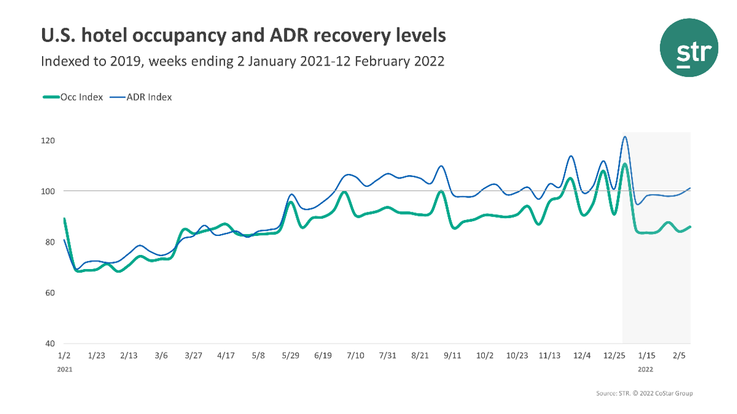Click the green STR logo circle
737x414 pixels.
click(689, 47)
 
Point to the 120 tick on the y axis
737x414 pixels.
click(48, 141)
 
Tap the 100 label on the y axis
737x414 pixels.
click(48, 192)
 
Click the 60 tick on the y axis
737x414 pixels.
click(49, 293)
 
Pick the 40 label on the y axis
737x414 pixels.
click(49, 344)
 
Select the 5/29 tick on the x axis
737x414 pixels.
click(291, 355)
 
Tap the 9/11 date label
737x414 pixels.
click(452, 355)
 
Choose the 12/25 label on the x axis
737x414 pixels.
click(613, 355)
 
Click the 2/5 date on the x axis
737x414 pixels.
click(680, 355)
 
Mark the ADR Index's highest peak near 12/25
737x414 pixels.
click(625, 137)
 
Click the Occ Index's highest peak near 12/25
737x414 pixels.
click(625, 164)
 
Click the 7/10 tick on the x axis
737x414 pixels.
click(355, 355)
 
